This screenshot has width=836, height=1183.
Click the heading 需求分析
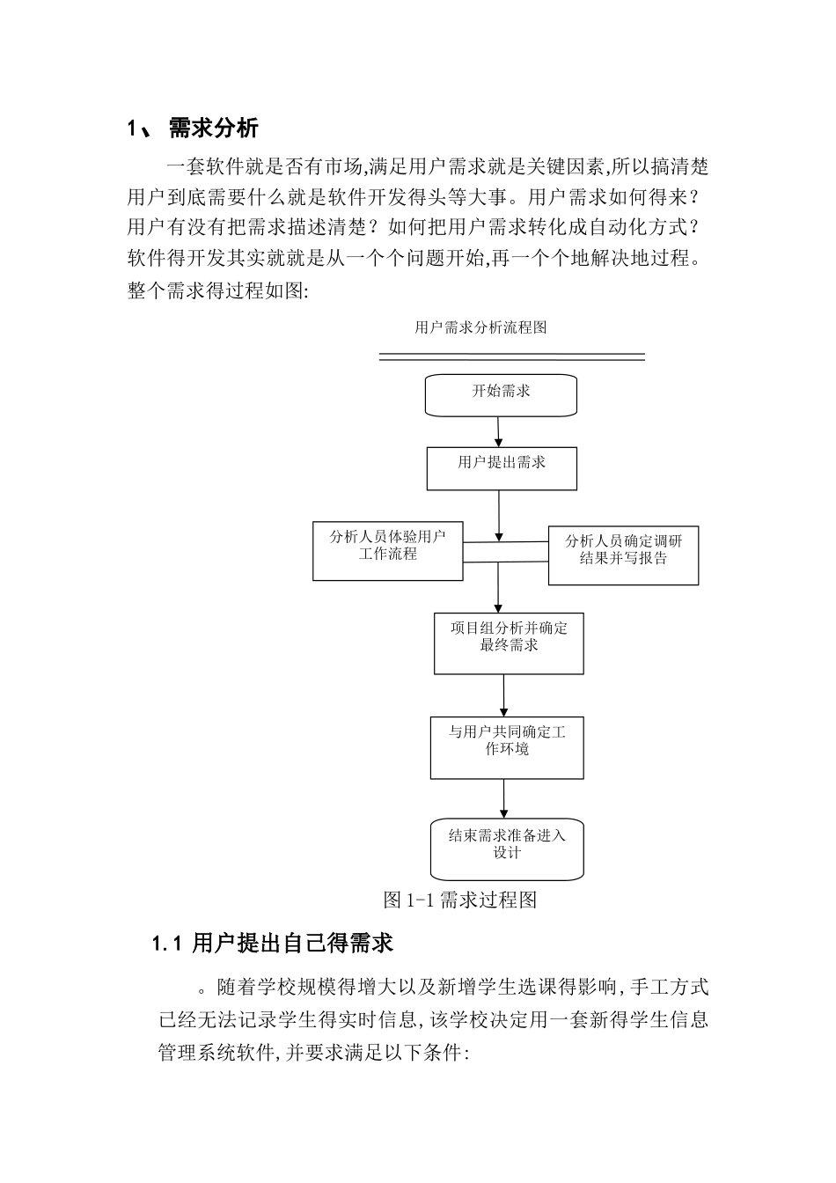tap(213, 129)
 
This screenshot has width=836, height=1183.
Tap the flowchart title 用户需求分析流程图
tap(480, 327)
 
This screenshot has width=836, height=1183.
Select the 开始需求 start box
tap(501, 395)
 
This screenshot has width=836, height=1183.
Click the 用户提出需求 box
tap(502, 468)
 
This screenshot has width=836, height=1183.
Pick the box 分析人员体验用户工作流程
tap(387, 551)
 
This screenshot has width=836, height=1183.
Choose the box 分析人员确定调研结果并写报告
tap(623, 555)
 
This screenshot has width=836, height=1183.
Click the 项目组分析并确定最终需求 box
tap(509, 643)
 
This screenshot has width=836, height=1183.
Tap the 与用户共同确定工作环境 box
tap(507, 747)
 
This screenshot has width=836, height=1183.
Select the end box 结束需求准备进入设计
tap(507, 849)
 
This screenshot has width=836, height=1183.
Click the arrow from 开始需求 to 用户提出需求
tap(499, 431)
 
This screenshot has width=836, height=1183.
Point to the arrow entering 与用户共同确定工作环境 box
tap(504, 696)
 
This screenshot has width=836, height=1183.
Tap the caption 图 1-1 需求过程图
tap(460, 900)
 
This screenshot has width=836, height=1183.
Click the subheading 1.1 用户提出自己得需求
tap(272, 944)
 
